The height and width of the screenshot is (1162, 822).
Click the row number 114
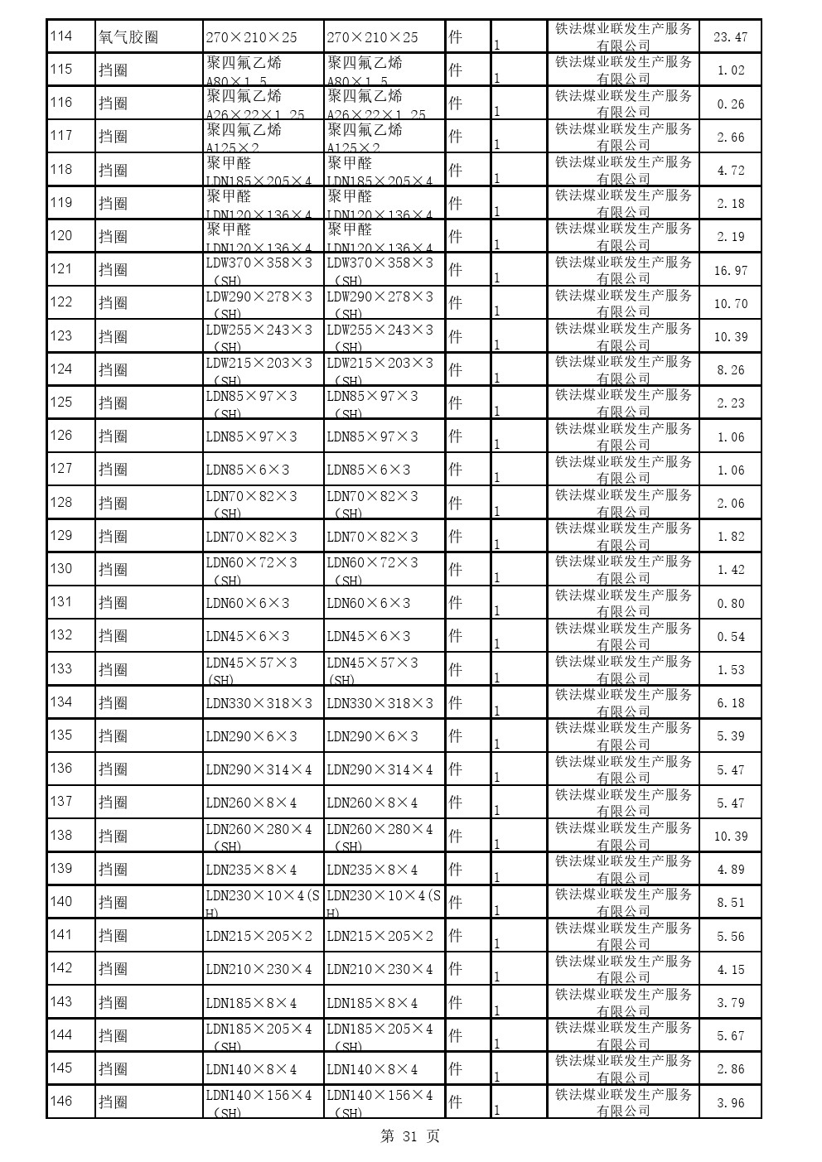pyautogui.click(x=61, y=36)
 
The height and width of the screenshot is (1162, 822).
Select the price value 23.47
pyautogui.click(x=730, y=37)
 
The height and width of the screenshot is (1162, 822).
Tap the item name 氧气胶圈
pyautogui.click(x=128, y=37)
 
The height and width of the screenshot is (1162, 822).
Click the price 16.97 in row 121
pyautogui.click(x=730, y=271)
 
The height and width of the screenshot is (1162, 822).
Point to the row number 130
pyautogui.click(x=61, y=569)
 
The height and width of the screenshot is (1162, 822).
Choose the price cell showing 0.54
pyautogui.click(x=730, y=637)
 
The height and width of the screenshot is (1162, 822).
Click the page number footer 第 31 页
pyautogui.click(x=410, y=1136)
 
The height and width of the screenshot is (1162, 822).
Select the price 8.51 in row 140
pyautogui.click(x=730, y=903)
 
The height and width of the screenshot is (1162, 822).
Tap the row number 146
pyautogui.click(x=61, y=1102)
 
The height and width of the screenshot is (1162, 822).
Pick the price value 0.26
pyautogui.click(x=730, y=104)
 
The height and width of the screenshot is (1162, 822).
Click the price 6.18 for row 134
pyautogui.click(x=730, y=703)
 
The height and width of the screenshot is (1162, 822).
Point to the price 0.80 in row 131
pyautogui.click(x=730, y=604)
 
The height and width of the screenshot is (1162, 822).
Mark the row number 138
pyautogui.click(x=61, y=835)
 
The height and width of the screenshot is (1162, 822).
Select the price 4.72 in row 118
pyautogui.click(x=730, y=171)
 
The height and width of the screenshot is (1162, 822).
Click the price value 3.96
pyautogui.click(x=730, y=1102)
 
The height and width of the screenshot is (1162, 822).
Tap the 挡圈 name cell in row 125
pyautogui.click(x=114, y=403)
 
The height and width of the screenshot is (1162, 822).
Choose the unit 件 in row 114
pyautogui.click(x=455, y=37)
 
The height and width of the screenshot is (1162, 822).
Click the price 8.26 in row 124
pyautogui.click(x=730, y=370)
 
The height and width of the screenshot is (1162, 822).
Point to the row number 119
pyautogui.click(x=61, y=203)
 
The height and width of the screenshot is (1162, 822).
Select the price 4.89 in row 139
pyautogui.click(x=730, y=870)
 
